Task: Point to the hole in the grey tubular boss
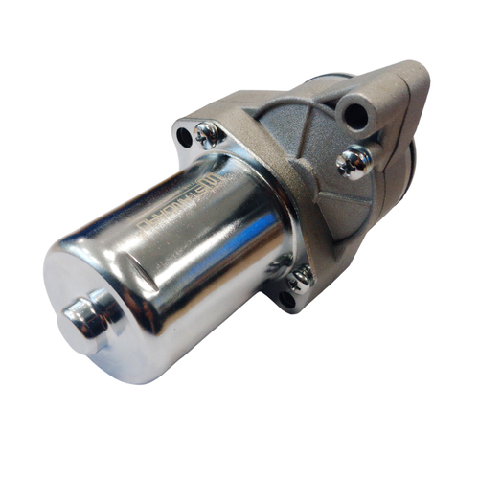[355, 116]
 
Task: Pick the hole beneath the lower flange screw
[286, 299]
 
